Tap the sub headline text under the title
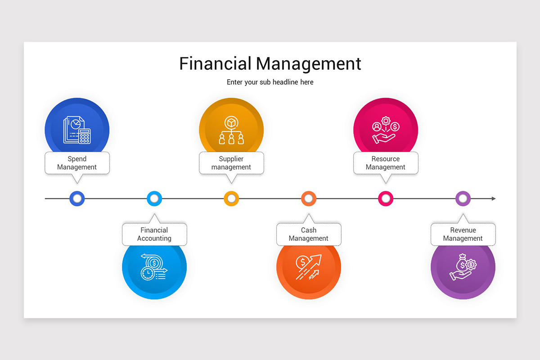(270, 82)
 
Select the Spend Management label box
(77, 163)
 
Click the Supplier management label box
(231, 163)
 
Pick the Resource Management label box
(386, 163)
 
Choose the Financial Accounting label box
(154, 234)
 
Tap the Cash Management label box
(309, 234)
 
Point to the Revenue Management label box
(463, 234)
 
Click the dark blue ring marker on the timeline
(77, 198)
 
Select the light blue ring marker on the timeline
(154, 198)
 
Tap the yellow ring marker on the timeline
(231, 198)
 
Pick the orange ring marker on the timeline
(309, 198)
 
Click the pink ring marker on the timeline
(386, 198)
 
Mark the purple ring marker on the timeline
(463, 198)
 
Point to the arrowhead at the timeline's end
(493, 198)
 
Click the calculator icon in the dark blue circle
(85, 136)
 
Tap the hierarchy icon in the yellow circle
(231, 131)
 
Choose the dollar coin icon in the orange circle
(301, 261)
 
